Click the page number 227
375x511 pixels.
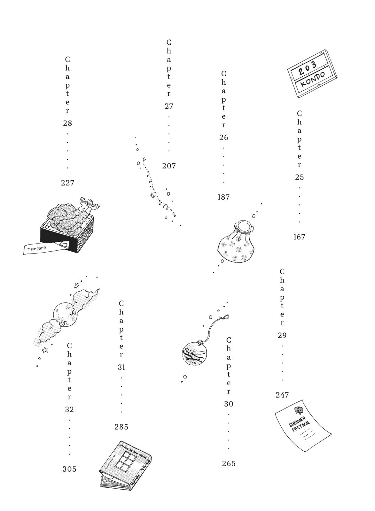click(x=67, y=183)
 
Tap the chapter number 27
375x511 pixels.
click(x=169, y=106)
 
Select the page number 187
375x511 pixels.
click(x=223, y=197)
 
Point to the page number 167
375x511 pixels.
click(x=299, y=237)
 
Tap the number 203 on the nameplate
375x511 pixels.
click(x=307, y=67)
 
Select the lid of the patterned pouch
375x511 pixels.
click(x=245, y=226)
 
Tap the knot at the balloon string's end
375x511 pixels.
click(x=225, y=317)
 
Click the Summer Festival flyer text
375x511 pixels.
click(x=299, y=422)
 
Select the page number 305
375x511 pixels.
click(x=69, y=469)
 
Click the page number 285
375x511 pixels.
click(x=121, y=427)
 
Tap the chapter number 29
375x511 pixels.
click(x=282, y=335)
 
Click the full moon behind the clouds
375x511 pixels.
click(x=65, y=314)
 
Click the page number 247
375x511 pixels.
click(x=282, y=395)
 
